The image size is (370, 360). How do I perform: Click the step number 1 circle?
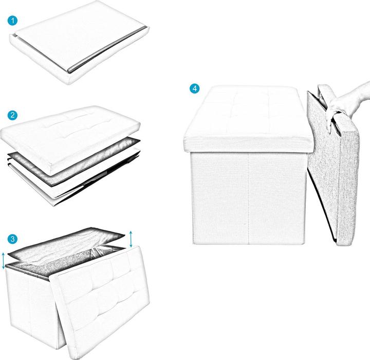tap(13, 21)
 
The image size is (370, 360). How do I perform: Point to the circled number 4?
tap(194, 88)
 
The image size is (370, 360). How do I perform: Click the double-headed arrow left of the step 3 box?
tap(4, 261)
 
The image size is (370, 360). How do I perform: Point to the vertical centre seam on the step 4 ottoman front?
tap(249, 195)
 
